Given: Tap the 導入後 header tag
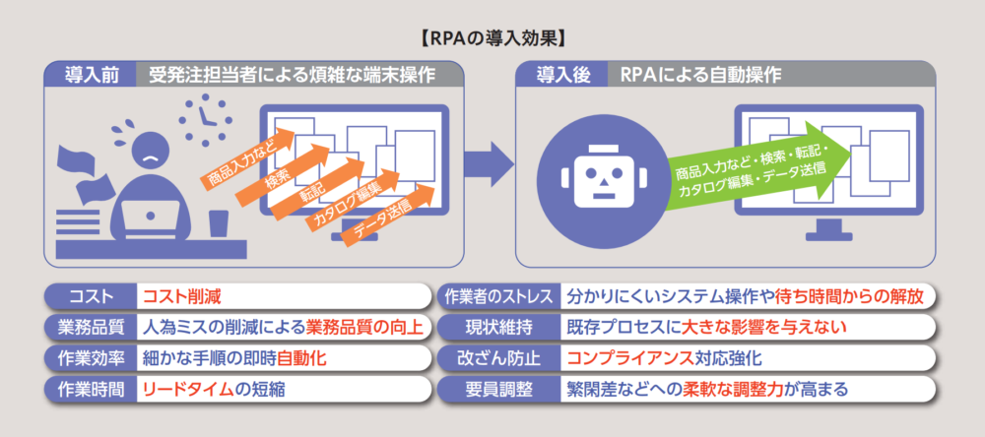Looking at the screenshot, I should tap(558, 75).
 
